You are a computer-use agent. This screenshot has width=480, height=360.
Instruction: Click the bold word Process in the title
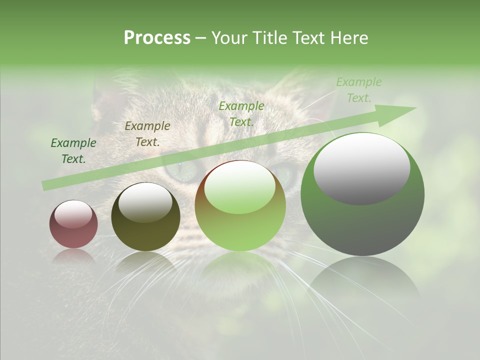[157, 38]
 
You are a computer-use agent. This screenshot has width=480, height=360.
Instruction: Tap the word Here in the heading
[349, 38]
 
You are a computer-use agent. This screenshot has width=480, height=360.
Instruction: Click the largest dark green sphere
[362, 225]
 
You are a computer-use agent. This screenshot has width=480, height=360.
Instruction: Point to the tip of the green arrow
[415, 108]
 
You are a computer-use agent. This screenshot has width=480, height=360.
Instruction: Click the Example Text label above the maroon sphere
[73, 150]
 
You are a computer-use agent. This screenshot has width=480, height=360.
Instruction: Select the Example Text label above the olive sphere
[147, 133]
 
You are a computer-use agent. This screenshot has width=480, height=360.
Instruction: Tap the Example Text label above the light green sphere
[241, 113]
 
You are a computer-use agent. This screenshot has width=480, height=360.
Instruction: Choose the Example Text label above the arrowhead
[359, 90]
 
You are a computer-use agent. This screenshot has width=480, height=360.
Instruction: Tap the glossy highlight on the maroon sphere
[73, 214]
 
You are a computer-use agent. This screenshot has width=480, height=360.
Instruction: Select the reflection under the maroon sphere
[73, 255]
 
